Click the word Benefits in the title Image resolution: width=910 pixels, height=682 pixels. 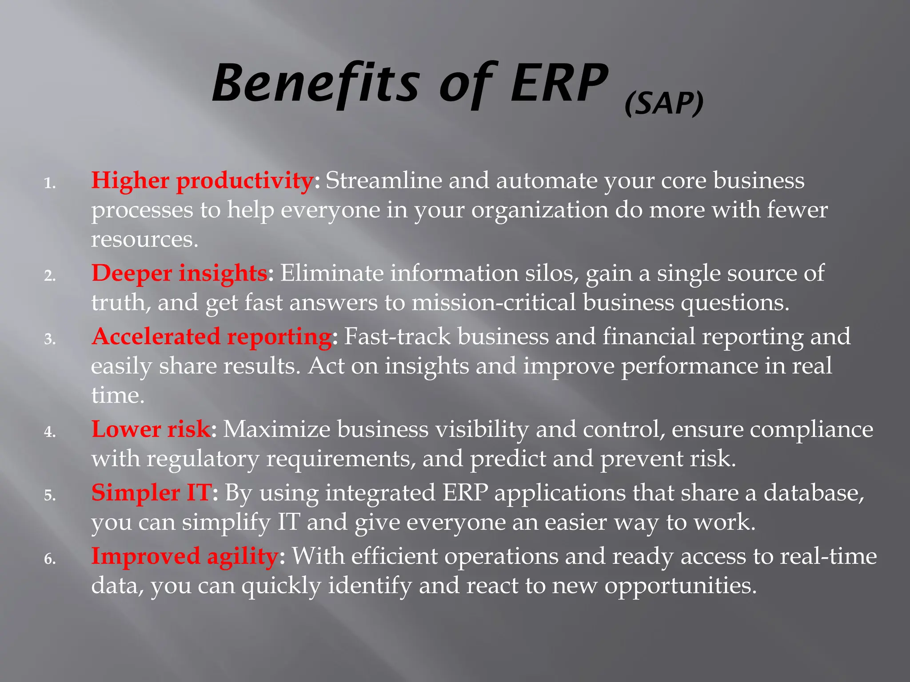(x=315, y=84)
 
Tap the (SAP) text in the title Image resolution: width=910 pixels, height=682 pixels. (x=664, y=103)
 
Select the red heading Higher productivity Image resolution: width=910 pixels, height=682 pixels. (x=202, y=181)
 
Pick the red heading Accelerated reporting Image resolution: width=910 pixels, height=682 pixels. (x=212, y=337)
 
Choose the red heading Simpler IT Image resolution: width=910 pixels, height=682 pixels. (x=151, y=493)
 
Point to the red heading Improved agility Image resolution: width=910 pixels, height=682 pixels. (x=185, y=556)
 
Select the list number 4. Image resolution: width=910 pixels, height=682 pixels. (x=50, y=432)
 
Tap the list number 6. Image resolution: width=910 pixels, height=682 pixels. (x=50, y=559)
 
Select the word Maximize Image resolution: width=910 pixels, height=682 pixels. (x=276, y=429)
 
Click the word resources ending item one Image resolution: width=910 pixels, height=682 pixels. (x=144, y=240)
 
